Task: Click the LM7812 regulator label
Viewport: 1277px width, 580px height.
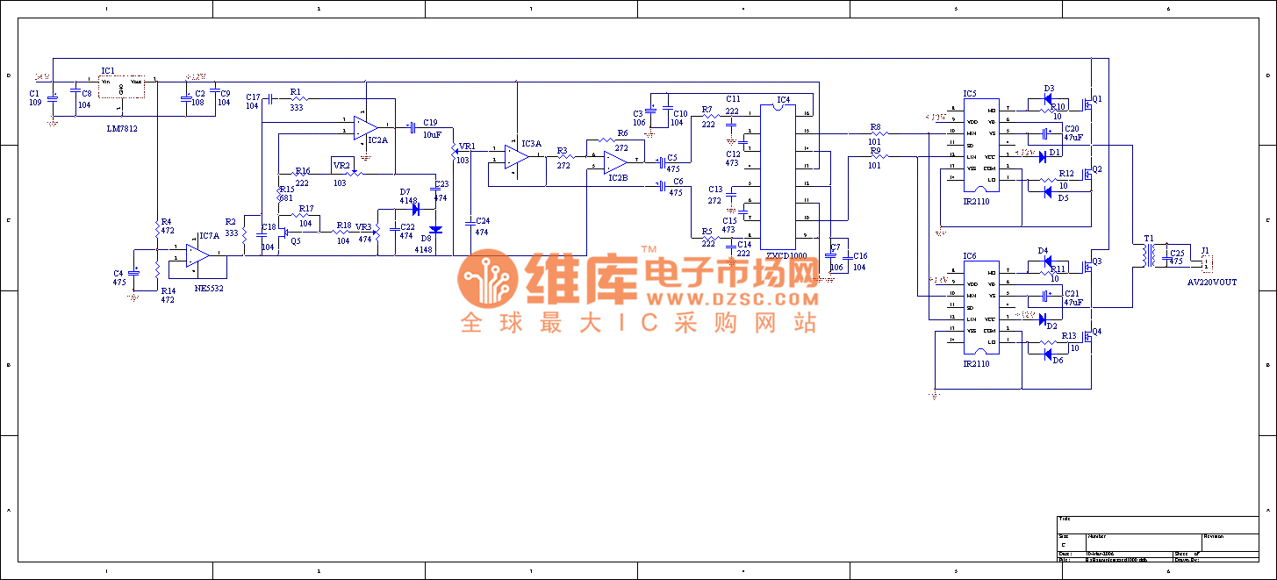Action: tap(120, 128)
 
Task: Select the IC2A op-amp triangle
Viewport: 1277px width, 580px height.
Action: tap(365, 128)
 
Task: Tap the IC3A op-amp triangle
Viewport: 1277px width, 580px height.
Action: tap(516, 156)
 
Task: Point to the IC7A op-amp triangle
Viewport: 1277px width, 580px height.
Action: tap(197, 254)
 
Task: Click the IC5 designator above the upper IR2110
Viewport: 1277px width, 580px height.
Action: tap(969, 93)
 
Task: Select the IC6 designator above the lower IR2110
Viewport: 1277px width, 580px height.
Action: tap(969, 256)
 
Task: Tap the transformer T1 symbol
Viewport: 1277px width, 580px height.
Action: tap(1148, 254)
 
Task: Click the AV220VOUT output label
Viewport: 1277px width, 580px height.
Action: tap(1212, 283)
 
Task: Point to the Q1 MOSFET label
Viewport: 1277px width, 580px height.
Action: tap(1096, 98)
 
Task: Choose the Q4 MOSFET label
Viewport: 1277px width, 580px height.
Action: tap(1096, 332)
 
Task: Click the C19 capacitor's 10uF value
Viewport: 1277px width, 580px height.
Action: tap(431, 134)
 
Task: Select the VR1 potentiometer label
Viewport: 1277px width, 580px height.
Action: tap(467, 147)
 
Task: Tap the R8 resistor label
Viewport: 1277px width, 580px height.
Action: tap(875, 127)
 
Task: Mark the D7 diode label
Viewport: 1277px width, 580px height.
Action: tap(405, 191)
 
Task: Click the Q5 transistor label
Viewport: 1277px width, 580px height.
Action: tap(295, 240)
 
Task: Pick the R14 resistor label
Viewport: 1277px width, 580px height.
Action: tap(168, 290)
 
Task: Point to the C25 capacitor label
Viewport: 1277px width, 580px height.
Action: tap(1177, 253)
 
